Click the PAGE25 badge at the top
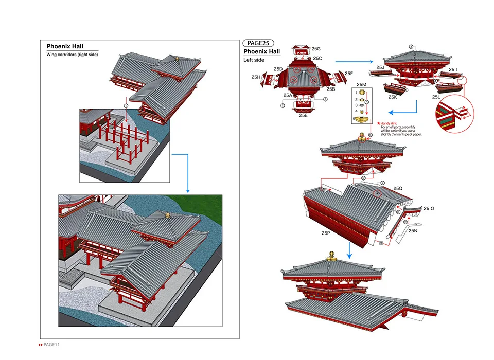(258, 43)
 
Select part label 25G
(316, 48)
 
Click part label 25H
(256, 77)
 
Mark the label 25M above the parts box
(361, 84)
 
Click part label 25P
(326, 233)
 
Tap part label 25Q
(398, 188)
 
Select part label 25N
(413, 231)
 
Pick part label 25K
(392, 97)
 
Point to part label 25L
(436, 97)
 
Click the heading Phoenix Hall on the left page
(65, 46)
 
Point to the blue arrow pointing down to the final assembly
(349, 250)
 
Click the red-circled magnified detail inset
(455, 113)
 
